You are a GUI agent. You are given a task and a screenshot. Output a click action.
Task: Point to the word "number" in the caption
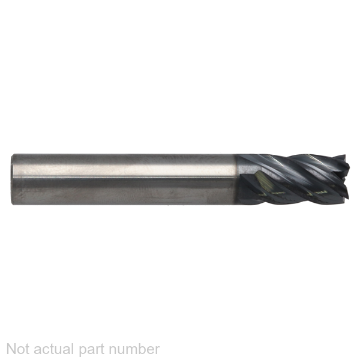134,349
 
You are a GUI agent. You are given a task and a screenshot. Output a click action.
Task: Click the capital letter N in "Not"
11,349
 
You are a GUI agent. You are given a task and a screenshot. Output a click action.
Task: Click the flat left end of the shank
12,179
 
